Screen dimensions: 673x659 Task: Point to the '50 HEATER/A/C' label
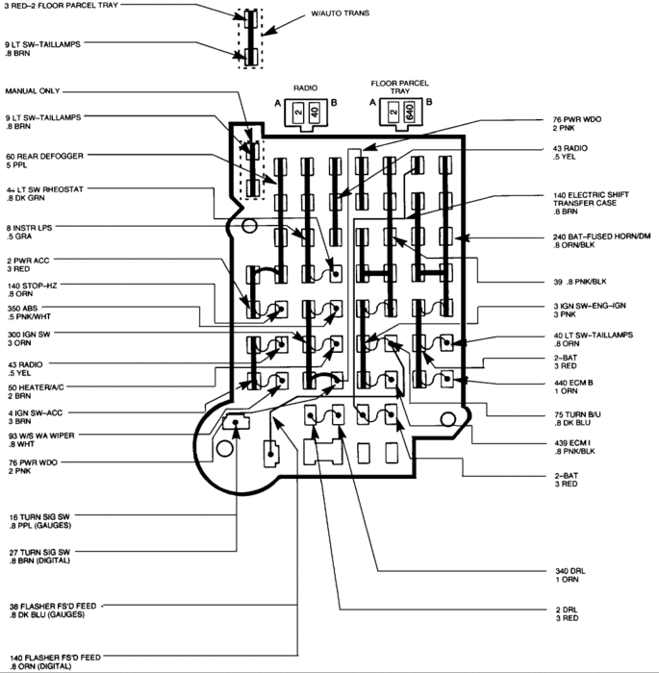point(34,386)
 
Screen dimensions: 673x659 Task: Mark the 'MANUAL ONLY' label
point(33,91)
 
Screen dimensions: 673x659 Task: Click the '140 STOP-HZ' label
point(32,287)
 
